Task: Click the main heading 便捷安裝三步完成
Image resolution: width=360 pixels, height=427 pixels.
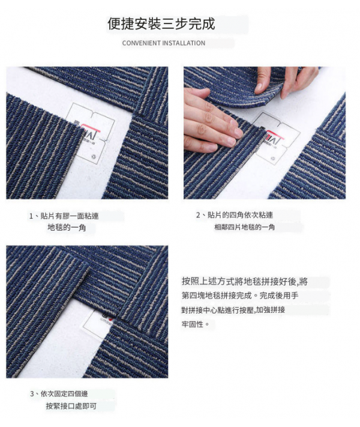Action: tap(161, 23)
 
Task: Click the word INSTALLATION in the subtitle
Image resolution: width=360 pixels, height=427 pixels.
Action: tap(184, 43)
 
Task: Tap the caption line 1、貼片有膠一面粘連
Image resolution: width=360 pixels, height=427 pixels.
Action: tap(64, 216)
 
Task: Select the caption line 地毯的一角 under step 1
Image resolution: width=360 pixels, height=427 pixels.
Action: tap(67, 228)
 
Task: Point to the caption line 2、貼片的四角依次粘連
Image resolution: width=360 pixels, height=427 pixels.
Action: tap(235, 215)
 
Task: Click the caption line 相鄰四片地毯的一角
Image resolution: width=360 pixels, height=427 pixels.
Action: tap(244, 227)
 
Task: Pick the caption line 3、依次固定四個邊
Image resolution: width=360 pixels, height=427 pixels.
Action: tap(59, 393)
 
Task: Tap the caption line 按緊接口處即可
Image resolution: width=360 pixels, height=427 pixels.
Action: tap(71, 406)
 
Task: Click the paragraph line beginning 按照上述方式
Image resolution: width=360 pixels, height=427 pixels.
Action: tap(245, 281)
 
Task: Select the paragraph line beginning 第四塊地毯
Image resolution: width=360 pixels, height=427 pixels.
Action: tap(240, 295)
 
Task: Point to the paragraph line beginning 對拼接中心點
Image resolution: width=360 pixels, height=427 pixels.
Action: tap(233, 310)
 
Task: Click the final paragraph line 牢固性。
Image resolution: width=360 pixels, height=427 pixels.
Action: tap(196, 324)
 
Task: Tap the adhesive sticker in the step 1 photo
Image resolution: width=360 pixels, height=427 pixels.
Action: tap(90, 133)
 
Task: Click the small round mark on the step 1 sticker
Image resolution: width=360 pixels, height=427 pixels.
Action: tap(94, 156)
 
